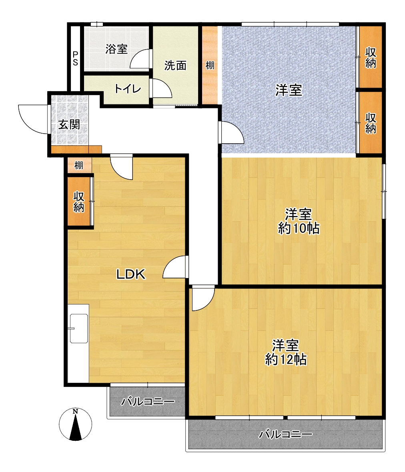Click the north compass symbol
tap(75, 424)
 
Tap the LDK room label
tap(131, 274)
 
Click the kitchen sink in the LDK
tap(79, 328)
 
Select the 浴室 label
tap(116, 49)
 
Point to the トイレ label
tap(128, 89)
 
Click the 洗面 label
tap(175, 65)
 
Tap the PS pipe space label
tap(75, 58)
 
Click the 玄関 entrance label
tap(69, 124)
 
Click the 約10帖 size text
tap(299, 228)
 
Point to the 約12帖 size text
tap(286, 360)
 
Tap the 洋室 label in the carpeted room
tap(289, 90)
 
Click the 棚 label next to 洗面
tap(210, 65)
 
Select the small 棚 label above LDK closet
tap(78, 165)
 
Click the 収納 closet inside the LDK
tap(79, 202)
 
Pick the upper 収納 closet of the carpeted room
tap(371, 58)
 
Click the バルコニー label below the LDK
tap(148, 401)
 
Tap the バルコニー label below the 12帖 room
tap(286, 434)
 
